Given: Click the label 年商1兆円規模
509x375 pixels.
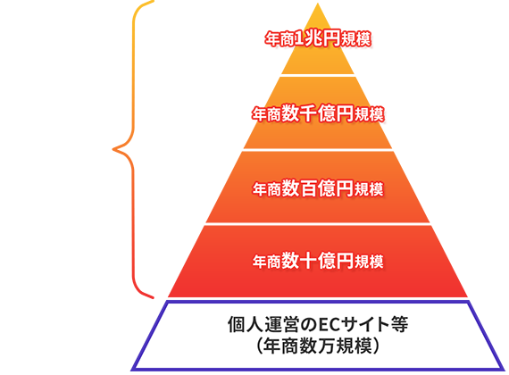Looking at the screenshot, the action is tap(318, 39).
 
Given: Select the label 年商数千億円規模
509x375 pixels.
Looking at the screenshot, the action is tap(318, 113).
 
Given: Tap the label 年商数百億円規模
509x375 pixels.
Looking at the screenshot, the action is tap(318, 188).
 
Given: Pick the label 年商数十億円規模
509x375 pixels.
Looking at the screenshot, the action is tap(318, 261).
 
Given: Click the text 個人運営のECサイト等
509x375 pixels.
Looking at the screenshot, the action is tap(318, 324).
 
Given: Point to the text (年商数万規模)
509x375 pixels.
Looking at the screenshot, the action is tap(318, 346).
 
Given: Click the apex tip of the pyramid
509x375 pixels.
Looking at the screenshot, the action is tap(318, 4).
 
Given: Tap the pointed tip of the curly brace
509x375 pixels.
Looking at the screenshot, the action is tap(113, 149).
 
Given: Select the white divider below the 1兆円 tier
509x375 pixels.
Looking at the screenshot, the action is tap(318, 75).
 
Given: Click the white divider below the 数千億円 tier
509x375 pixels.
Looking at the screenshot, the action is tap(318, 150).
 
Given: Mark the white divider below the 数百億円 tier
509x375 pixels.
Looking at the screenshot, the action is tap(318, 224).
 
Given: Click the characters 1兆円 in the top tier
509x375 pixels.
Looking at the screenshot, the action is tap(317, 39).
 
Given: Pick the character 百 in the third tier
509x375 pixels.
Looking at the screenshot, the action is tap(308, 188).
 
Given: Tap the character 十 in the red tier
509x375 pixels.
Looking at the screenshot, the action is tap(308, 261).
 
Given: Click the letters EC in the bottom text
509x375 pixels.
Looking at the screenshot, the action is tap(327, 325).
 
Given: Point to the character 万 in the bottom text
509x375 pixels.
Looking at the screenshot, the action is tap(327, 346).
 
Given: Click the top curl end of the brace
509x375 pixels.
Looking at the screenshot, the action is tap(153, 1).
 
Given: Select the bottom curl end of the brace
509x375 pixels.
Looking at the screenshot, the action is tap(153, 297).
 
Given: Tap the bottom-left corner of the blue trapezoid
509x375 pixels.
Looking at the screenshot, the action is tap(132, 370).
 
